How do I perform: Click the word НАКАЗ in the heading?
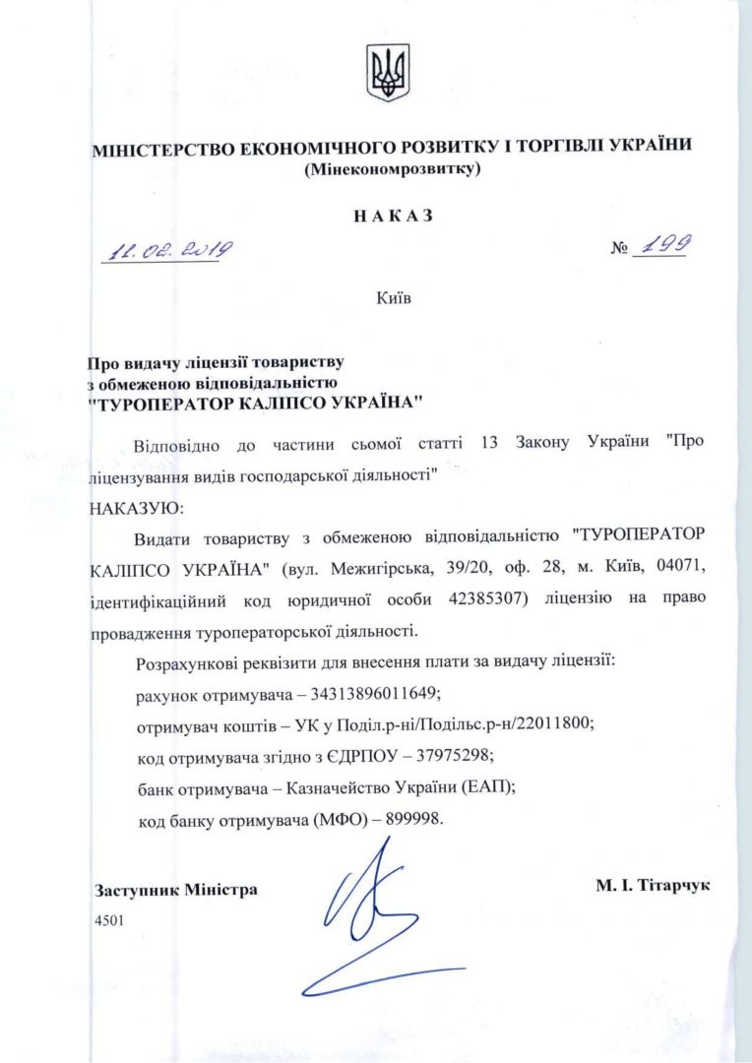(x=393, y=216)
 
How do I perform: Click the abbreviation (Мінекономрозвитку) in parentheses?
(x=393, y=170)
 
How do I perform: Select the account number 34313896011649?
(x=366, y=693)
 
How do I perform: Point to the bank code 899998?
(x=409, y=818)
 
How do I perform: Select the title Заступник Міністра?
(x=176, y=890)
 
